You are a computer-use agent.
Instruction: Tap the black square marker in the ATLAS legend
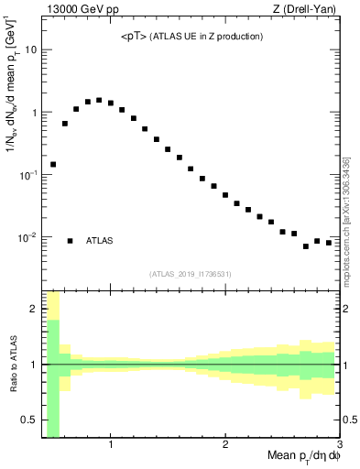tap(70, 241)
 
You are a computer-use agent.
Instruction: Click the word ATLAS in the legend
tap(100, 241)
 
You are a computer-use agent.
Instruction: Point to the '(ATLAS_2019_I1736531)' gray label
tap(191, 273)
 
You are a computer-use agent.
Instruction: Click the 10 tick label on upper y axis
tap(31, 49)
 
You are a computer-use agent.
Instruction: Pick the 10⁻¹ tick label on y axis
tap(28, 174)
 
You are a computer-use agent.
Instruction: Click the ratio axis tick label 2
tap(34, 309)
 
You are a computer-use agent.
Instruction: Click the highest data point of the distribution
tap(99, 100)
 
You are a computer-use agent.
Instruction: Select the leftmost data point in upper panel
tap(53, 165)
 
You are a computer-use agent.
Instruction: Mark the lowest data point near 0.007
tap(306, 246)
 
